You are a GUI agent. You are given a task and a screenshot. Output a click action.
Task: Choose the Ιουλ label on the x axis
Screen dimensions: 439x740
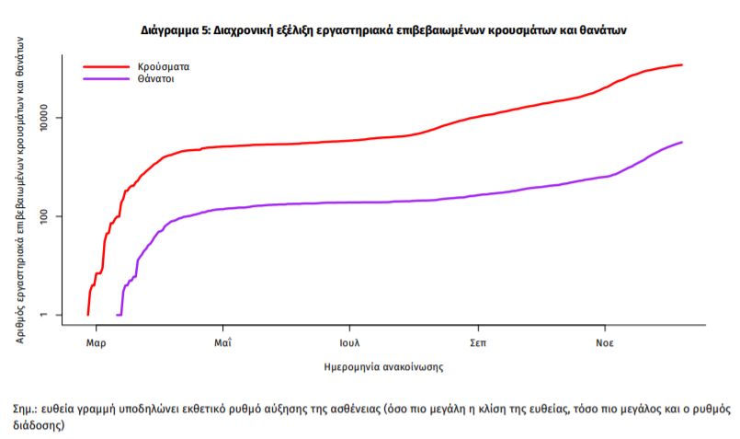pyautogui.click(x=348, y=342)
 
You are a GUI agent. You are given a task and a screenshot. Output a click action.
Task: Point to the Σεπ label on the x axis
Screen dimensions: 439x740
pyautogui.click(x=477, y=342)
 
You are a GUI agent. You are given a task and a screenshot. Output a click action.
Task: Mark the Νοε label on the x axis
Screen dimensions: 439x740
pyautogui.click(x=604, y=342)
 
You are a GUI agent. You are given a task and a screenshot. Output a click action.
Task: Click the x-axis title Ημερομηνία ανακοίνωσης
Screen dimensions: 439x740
pyautogui.click(x=385, y=366)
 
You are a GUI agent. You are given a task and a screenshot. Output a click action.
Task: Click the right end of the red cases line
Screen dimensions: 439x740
pyautogui.click(x=681, y=64)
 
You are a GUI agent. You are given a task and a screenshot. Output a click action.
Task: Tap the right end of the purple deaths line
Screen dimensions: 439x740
pyautogui.click(x=681, y=142)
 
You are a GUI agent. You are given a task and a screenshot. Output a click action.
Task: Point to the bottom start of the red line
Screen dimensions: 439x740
pyautogui.click(x=87, y=315)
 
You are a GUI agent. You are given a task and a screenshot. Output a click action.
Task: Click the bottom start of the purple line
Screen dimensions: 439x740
pyautogui.click(x=117, y=315)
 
